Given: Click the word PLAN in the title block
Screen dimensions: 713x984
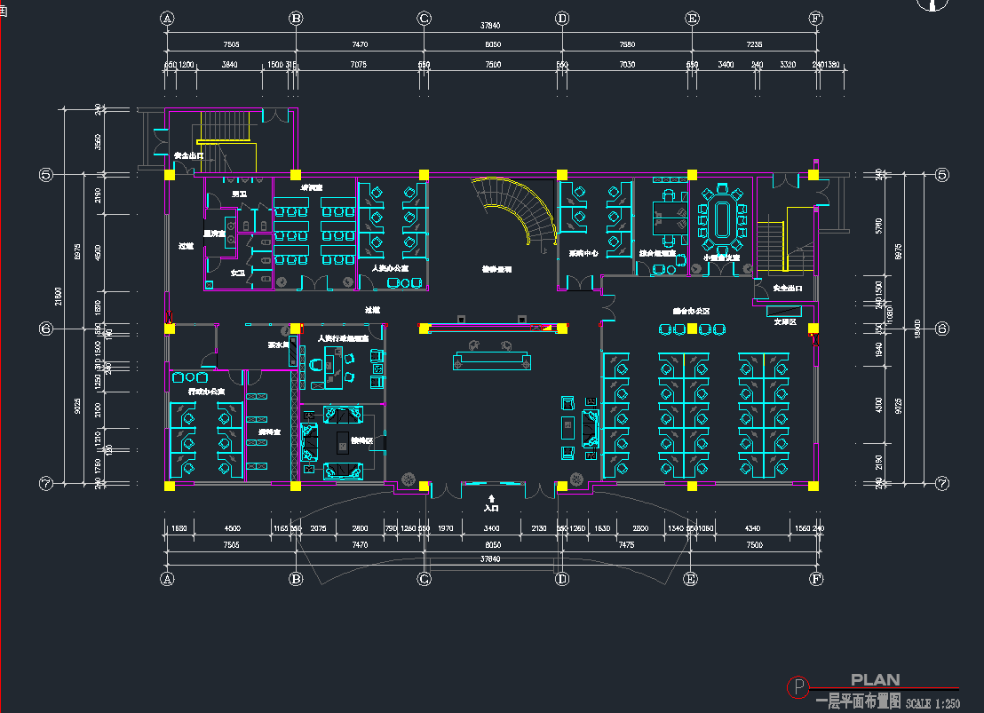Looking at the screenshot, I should [x=875, y=680].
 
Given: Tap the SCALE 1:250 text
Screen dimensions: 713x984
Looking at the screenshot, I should [x=932, y=703].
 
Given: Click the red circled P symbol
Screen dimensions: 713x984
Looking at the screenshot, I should [x=799, y=686].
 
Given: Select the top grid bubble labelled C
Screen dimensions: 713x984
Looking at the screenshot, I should [x=425, y=18].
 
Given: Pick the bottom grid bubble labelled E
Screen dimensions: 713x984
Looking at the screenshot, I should [x=690, y=579].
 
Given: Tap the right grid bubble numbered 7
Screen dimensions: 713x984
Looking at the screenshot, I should [x=942, y=484].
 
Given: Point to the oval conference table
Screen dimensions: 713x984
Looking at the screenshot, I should [x=720, y=219].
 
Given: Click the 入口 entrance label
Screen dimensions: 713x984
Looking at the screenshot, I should [x=491, y=508].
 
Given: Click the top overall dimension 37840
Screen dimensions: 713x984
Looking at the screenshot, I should [x=491, y=26].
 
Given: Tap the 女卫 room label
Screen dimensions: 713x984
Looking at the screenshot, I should [x=238, y=273].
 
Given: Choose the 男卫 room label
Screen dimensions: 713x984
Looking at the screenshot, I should [x=239, y=194].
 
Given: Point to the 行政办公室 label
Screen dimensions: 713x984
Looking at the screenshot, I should [x=206, y=392].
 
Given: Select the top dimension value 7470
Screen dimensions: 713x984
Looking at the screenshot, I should [x=360, y=44].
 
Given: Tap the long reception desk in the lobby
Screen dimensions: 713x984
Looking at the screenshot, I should [x=492, y=360].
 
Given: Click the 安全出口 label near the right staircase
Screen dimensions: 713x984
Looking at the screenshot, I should [x=787, y=289].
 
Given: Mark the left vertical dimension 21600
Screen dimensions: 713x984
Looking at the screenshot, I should [x=60, y=297].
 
